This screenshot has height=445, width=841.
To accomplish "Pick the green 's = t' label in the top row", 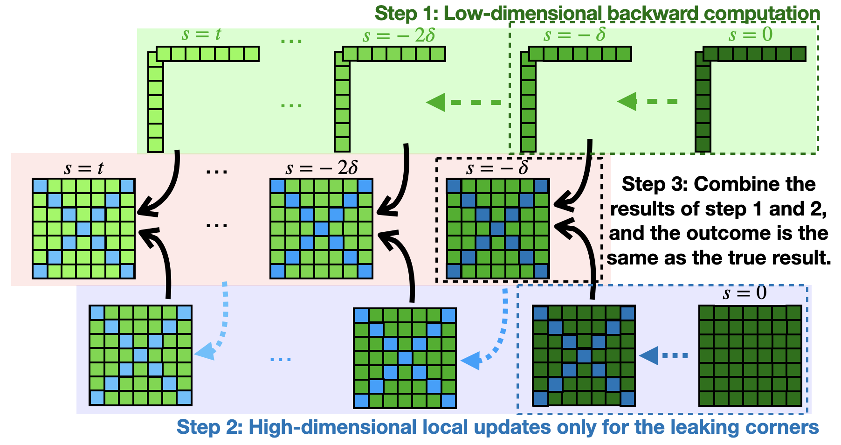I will click(x=201, y=35).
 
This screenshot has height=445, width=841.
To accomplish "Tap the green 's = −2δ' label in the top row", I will click(x=399, y=35).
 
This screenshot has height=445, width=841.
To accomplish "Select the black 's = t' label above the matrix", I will click(x=83, y=168).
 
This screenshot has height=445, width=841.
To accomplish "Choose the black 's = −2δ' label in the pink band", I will click(x=322, y=168).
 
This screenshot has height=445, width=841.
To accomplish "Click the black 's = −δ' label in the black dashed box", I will click(x=498, y=168).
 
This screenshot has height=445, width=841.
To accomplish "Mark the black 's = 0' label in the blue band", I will click(x=744, y=293).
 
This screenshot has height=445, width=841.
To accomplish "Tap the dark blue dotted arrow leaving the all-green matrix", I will click(x=663, y=355).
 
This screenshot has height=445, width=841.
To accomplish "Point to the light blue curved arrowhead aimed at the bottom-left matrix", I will click(x=205, y=352).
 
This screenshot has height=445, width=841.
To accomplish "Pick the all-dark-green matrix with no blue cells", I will click(x=750, y=355).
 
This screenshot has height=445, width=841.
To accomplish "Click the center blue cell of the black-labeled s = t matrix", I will click(x=84, y=229).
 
